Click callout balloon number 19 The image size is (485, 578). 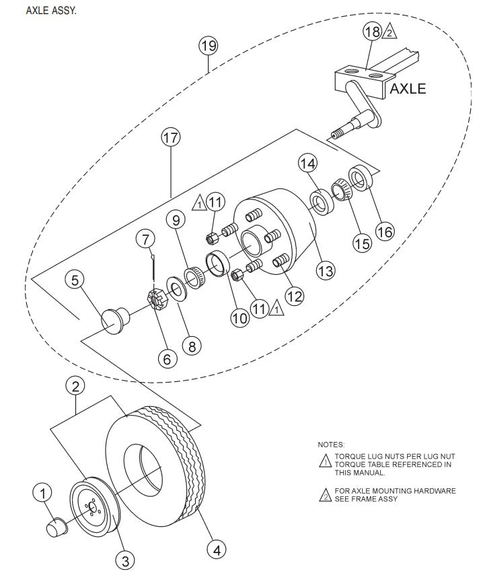[208, 46]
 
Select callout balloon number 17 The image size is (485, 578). [171, 137]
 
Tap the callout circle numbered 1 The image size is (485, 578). [42, 494]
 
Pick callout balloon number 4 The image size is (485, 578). [216, 550]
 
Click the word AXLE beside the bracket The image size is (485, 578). [408, 88]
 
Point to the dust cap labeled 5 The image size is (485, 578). [115, 319]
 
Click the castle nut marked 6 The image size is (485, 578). [157, 296]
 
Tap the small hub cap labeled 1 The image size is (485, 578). [57, 525]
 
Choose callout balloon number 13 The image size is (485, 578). [326, 271]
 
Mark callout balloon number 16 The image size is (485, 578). [384, 231]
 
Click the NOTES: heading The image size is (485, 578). [331, 445]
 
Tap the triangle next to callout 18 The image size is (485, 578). [390, 32]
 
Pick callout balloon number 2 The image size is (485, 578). [75, 386]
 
